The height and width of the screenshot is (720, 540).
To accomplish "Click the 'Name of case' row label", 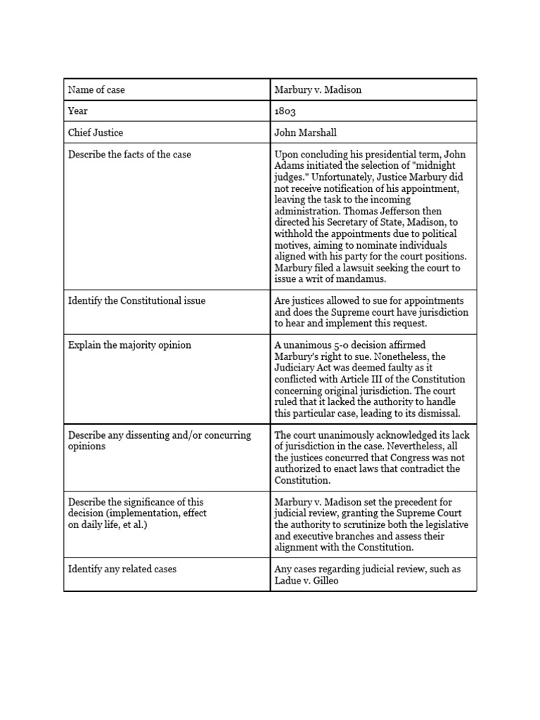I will click(96, 90).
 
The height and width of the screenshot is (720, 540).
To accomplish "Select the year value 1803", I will click(286, 111).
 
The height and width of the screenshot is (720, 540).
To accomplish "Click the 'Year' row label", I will click(78, 111).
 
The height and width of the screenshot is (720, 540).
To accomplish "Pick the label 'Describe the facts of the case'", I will click(129, 154).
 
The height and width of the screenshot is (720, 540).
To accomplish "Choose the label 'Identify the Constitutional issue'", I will click(136, 301).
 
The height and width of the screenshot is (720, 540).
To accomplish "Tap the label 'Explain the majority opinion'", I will click(129, 345).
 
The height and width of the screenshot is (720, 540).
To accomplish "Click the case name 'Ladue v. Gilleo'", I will click(307, 580).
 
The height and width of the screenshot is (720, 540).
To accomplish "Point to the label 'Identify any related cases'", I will click(122, 569).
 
